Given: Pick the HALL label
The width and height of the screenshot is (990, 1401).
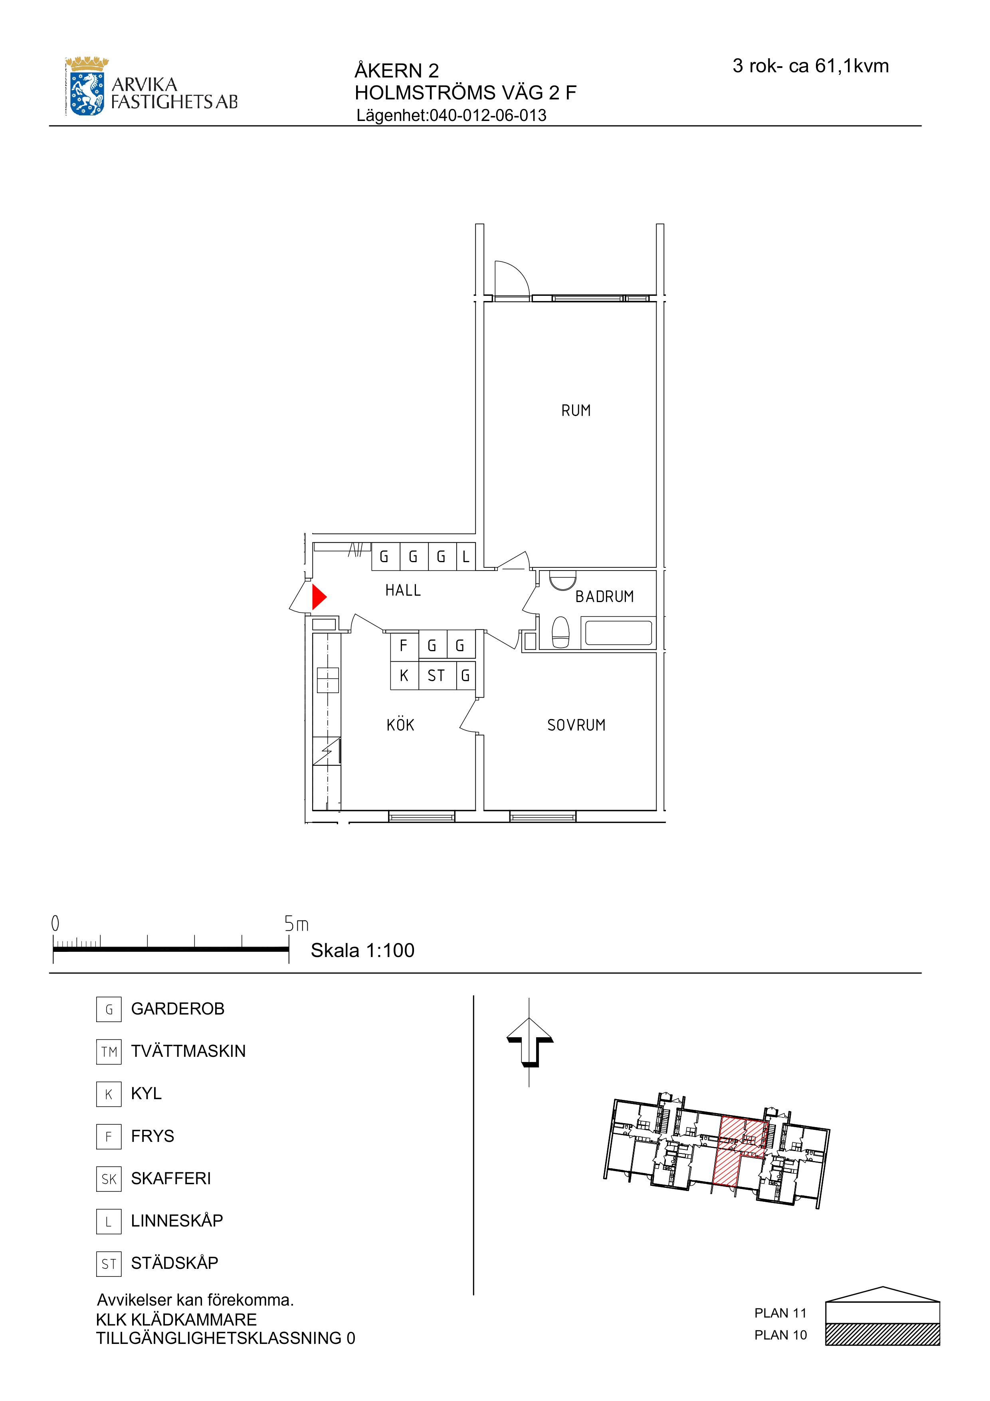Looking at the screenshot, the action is coord(403,590).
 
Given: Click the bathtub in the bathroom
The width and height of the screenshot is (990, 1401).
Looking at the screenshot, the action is coord(618,633).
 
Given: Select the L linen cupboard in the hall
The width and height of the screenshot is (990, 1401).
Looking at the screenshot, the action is coord(466,557).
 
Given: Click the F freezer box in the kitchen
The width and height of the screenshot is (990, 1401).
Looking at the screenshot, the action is coord(404,645).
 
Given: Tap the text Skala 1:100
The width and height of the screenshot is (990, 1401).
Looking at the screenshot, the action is coord(362,950).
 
